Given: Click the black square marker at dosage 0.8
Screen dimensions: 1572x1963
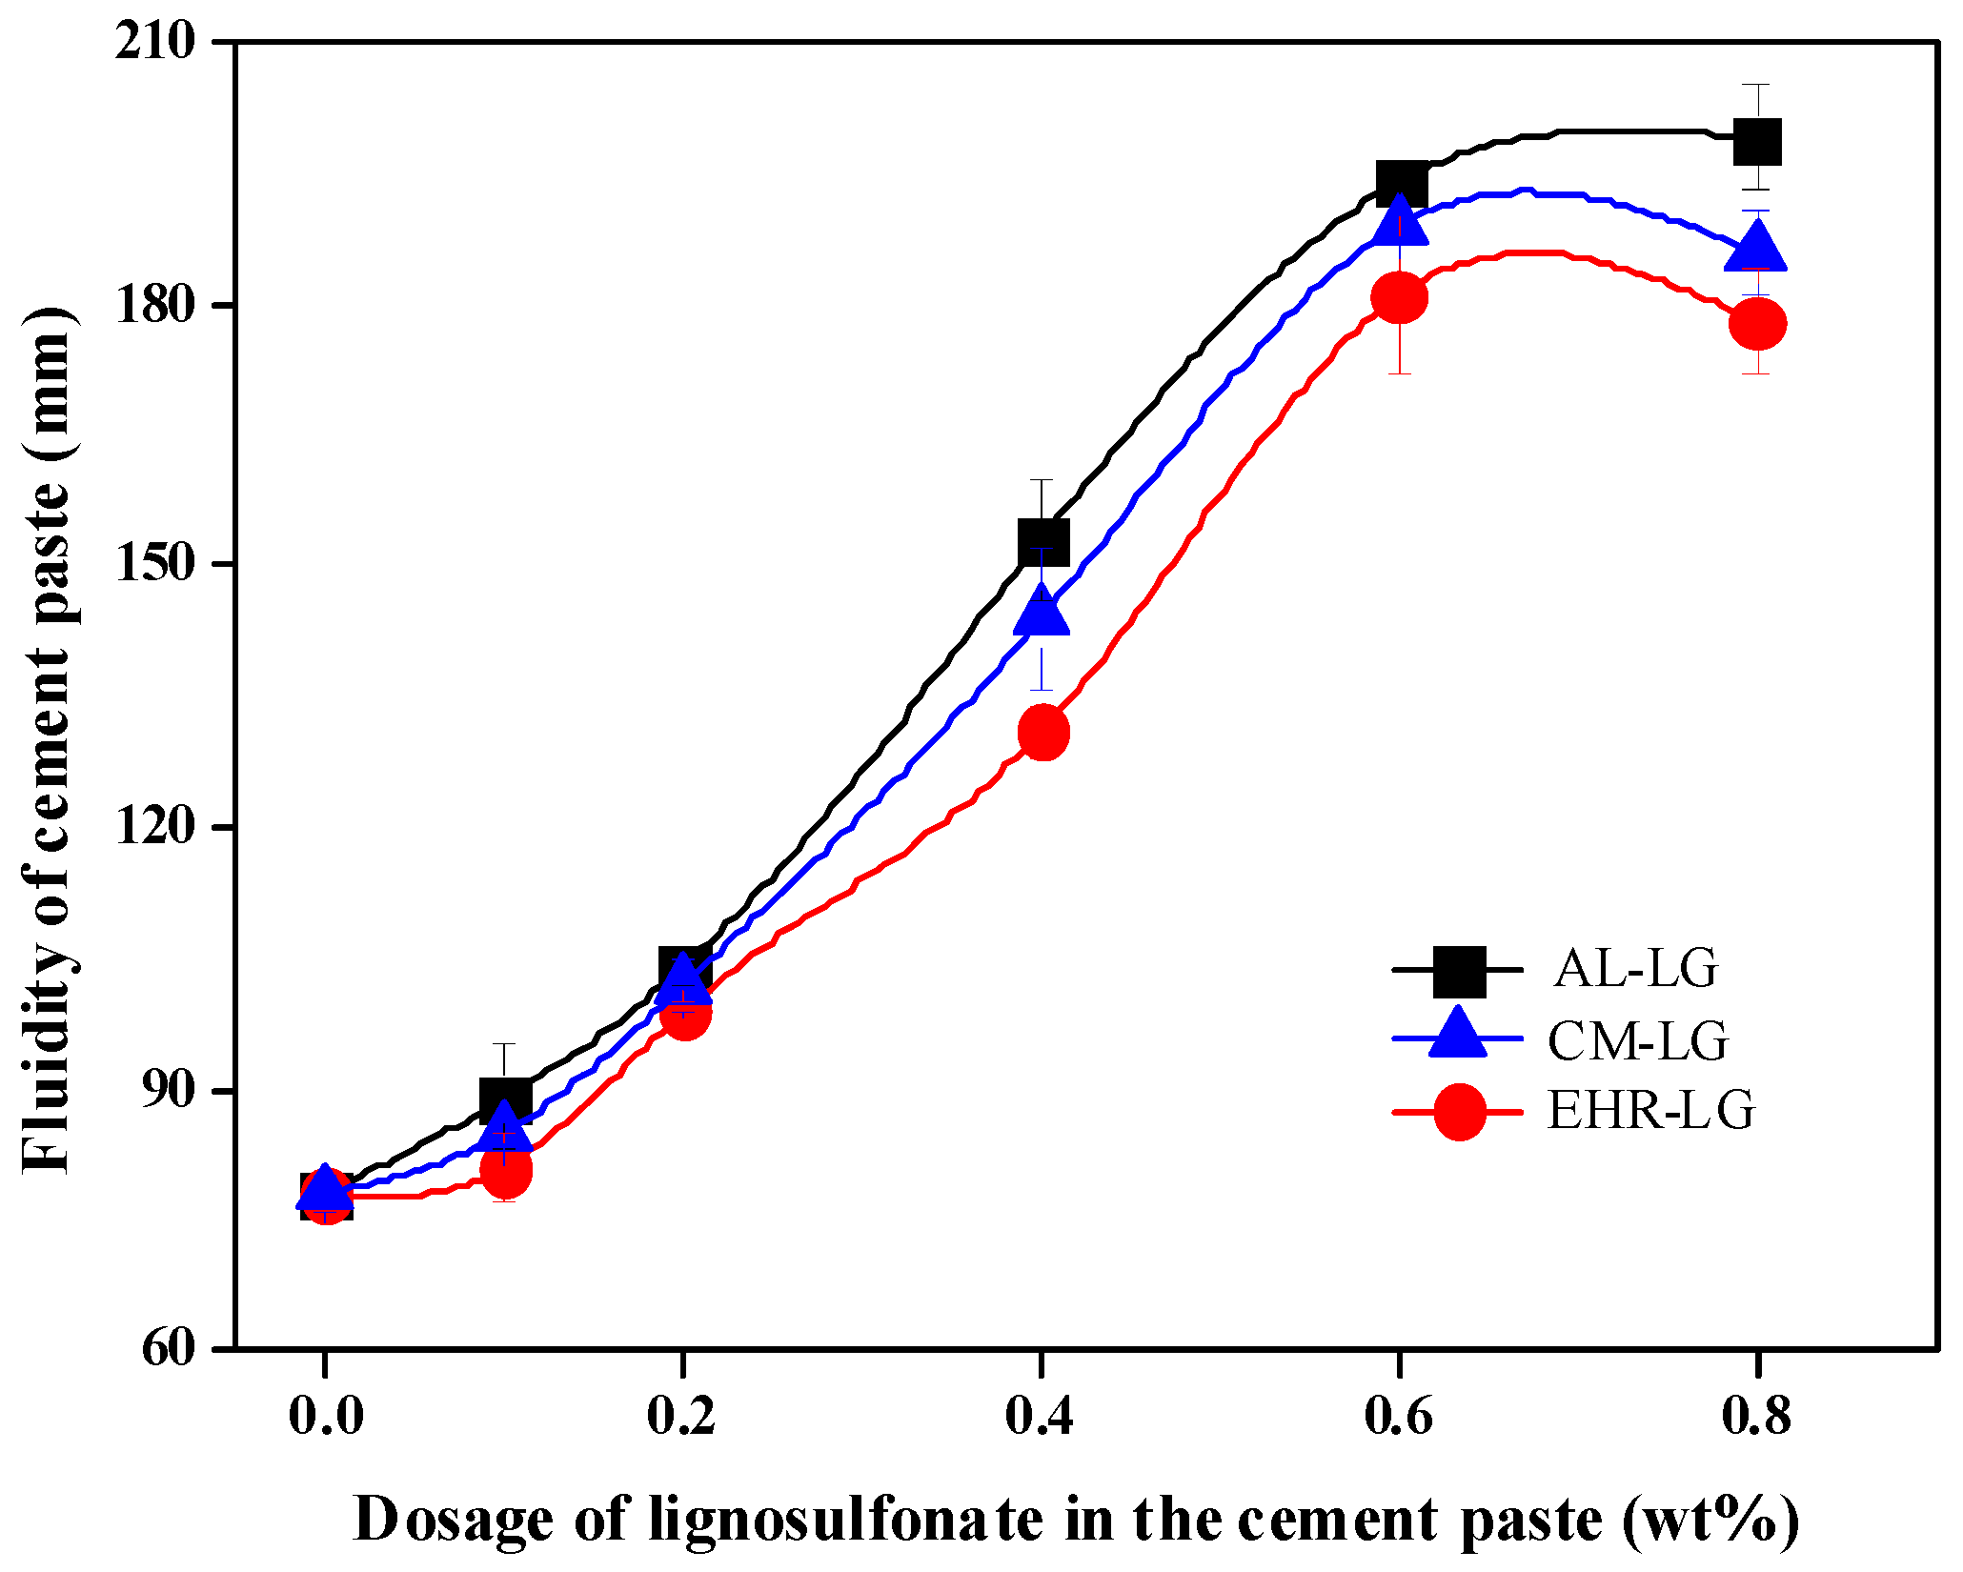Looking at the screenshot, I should [x=1757, y=142].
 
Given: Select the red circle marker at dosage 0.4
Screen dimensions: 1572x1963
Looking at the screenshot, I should [x=1043, y=733].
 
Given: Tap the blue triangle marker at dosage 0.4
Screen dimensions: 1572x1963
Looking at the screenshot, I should [x=1042, y=613].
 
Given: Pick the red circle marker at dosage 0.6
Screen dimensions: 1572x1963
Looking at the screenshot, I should [x=1399, y=297].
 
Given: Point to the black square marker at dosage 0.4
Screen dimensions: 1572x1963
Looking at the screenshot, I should [x=1042, y=542].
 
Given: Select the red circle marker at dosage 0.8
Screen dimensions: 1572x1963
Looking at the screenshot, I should [x=1757, y=324].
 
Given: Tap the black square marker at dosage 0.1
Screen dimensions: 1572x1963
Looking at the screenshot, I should [x=505, y=1101].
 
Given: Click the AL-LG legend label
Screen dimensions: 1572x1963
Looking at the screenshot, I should [x=1636, y=969].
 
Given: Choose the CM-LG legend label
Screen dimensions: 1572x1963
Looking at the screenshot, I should [x=1637, y=1040].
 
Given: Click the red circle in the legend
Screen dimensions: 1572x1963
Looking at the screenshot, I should [x=1459, y=1111].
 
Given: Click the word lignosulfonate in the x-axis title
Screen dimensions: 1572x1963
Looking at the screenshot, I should [x=846, y=1519].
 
